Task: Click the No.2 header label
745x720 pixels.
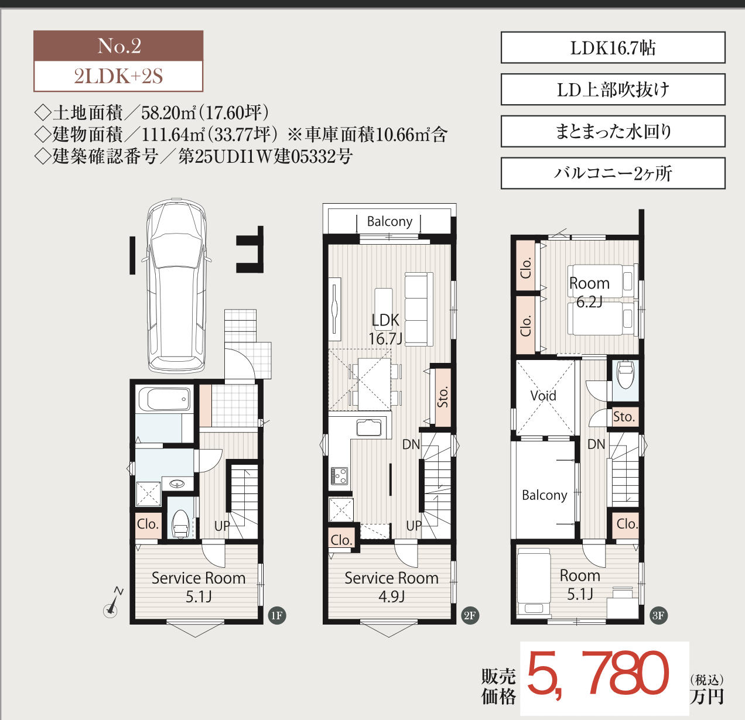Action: point(118,46)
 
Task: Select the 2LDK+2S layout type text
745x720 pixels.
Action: point(118,77)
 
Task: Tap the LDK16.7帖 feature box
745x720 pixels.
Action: point(613,48)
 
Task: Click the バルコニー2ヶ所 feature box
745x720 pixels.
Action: point(613,173)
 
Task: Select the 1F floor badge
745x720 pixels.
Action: point(276,615)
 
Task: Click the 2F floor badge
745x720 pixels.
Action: point(469,615)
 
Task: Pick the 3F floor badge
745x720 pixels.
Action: point(658,615)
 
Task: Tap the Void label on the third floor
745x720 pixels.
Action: point(543,396)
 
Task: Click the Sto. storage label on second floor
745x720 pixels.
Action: point(443,396)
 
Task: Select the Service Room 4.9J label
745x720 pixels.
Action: point(391,587)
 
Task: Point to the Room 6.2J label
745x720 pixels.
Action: point(589,292)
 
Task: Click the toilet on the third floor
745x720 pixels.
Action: point(626,375)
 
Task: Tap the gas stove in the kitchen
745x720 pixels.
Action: point(340,476)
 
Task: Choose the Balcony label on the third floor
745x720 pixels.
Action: point(544,495)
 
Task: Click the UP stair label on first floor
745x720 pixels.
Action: point(222,526)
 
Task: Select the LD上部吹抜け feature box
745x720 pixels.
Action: point(613,90)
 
